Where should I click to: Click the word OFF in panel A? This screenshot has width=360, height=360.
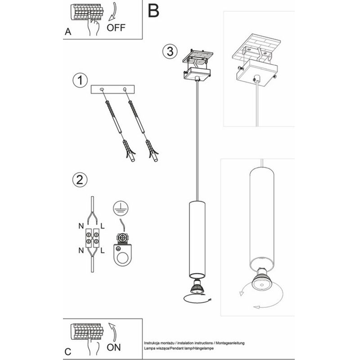click(x=116, y=28)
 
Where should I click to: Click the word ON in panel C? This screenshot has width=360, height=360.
click(x=114, y=347)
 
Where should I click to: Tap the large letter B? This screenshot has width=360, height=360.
click(x=153, y=11)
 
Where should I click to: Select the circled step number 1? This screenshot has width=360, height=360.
click(x=80, y=81)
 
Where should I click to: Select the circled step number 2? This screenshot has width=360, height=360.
click(x=80, y=180)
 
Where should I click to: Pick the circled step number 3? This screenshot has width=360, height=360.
click(x=170, y=51)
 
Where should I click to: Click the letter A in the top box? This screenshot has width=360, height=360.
click(x=68, y=31)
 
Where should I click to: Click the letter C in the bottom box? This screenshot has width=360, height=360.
click(x=68, y=352)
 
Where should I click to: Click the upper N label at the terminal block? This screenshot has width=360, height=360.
click(x=81, y=226)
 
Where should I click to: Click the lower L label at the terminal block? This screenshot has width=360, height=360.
click(x=103, y=251)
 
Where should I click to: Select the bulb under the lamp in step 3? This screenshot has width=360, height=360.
click(x=197, y=287)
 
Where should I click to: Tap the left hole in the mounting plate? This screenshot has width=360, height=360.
click(x=102, y=89)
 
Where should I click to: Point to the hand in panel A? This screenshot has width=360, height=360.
click(x=94, y=27)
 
